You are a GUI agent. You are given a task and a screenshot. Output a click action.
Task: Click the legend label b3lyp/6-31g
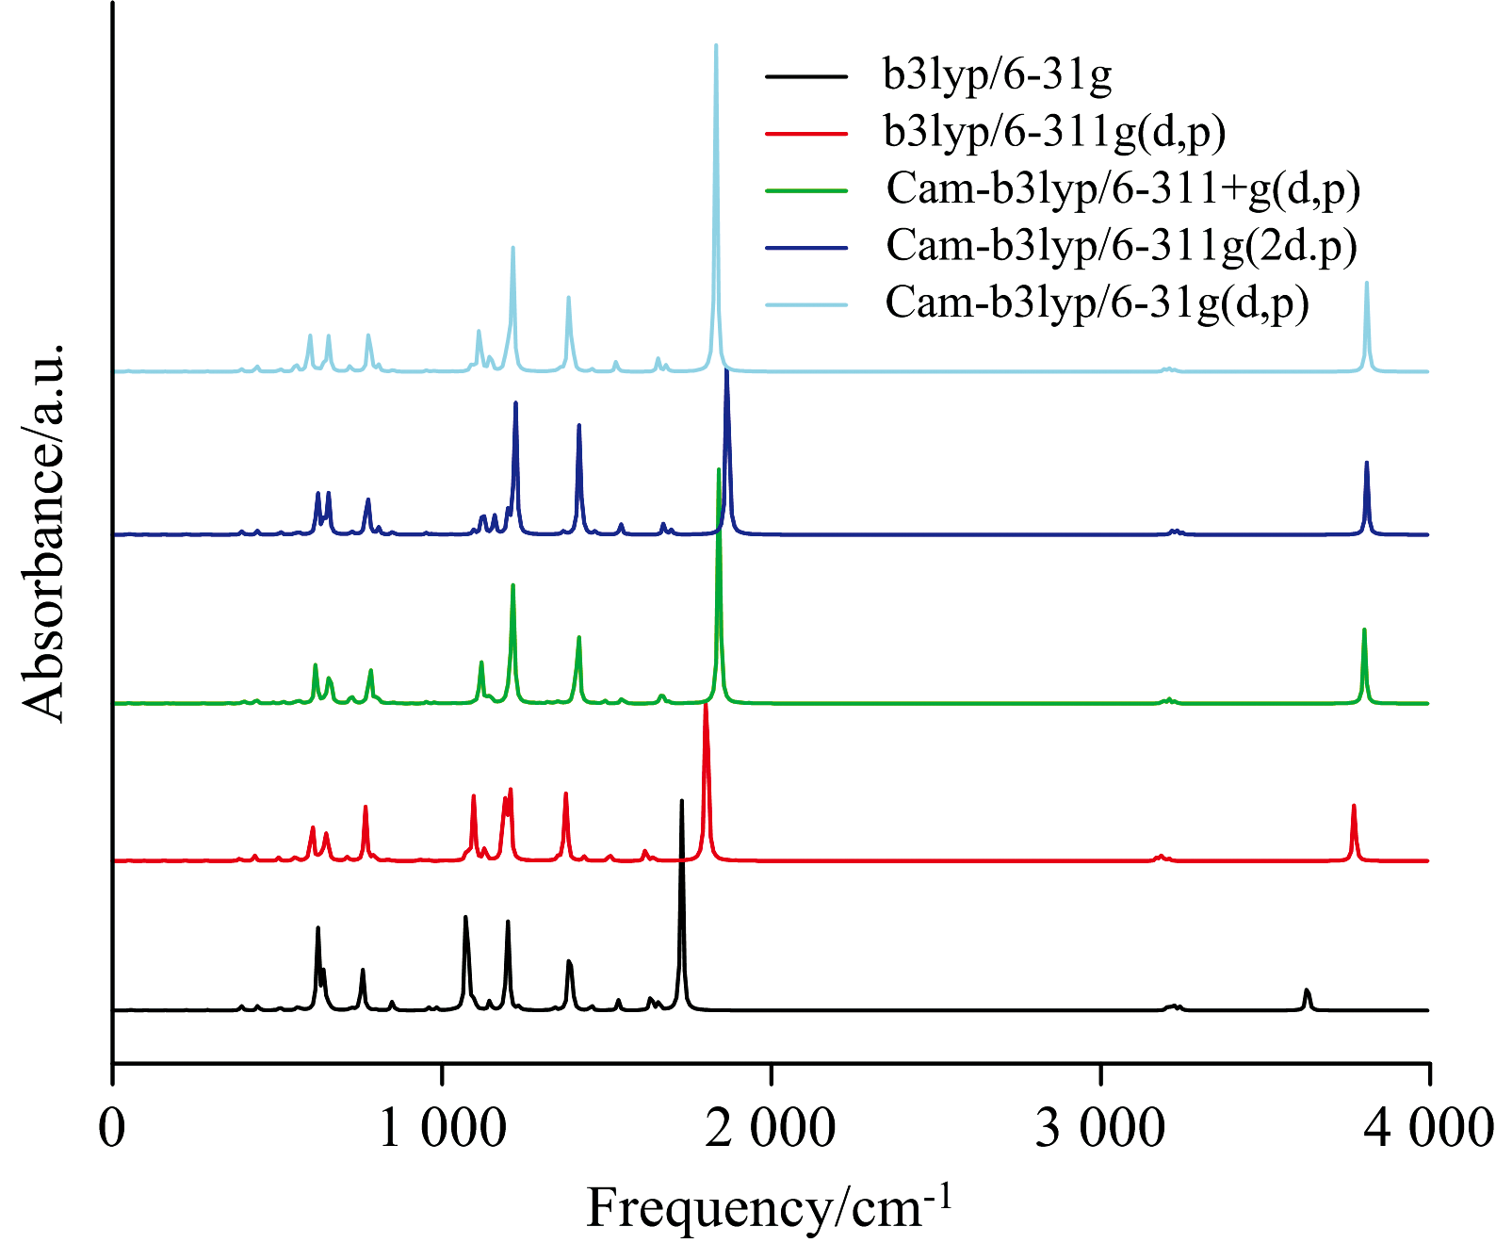(x=997, y=74)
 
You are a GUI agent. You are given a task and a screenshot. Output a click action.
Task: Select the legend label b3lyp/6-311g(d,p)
(x=1054, y=132)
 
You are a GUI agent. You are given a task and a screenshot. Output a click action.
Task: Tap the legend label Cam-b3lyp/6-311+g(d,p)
(x=1123, y=189)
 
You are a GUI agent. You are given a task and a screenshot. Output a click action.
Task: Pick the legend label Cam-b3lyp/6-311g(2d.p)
(x=1121, y=246)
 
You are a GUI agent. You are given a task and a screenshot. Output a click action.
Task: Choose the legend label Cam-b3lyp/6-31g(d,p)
(x=1097, y=303)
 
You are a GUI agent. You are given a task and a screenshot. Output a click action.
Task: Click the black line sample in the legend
(x=806, y=75)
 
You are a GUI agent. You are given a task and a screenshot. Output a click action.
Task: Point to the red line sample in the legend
(x=806, y=133)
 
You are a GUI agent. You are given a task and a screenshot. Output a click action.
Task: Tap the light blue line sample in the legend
(x=806, y=304)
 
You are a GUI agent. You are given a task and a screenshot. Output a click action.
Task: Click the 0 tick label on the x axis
(x=112, y=1128)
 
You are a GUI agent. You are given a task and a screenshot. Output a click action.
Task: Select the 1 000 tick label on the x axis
(x=442, y=1128)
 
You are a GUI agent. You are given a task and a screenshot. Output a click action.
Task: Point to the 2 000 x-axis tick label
(x=771, y=1128)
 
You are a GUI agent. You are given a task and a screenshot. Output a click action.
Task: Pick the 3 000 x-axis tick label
(x=1100, y=1128)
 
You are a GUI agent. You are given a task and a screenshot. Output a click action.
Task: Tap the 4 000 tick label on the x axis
(x=1428, y=1128)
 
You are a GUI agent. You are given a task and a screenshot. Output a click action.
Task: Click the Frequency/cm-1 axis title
(x=769, y=1206)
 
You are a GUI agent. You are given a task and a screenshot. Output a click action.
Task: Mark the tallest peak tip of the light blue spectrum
(x=716, y=46)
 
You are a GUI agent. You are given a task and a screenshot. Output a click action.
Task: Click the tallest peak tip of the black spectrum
(x=681, y=802)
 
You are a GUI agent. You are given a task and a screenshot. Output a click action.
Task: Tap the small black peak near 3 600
(x=1307, y=990)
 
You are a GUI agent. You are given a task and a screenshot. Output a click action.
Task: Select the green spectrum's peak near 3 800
(x=1364, y=630)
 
